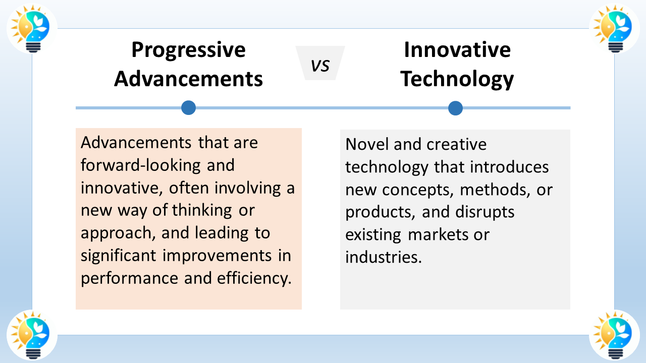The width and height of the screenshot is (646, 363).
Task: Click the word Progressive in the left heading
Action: (188, 50)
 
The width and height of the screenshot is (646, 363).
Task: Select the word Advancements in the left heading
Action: (188, 79)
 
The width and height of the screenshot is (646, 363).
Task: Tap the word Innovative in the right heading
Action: (457, 50)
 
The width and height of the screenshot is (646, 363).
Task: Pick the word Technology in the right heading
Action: (457, 79)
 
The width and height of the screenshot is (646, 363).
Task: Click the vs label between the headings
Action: (320, 65)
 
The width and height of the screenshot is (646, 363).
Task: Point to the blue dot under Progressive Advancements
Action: (188, 107)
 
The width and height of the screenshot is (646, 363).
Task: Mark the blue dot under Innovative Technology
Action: (455, 108)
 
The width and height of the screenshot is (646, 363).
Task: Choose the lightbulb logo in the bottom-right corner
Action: (614, 335)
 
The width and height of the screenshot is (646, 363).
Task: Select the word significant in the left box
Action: (119, 256)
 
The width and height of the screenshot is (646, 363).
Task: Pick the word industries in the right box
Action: (383, 257)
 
